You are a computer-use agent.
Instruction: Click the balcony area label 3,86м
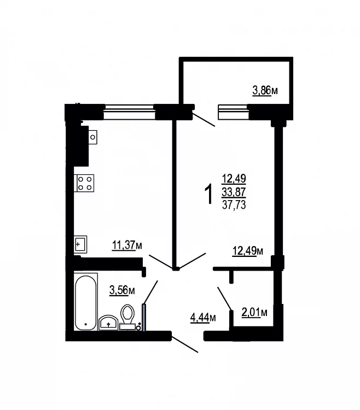tap(265, 90)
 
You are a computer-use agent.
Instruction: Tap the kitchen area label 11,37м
tap(127, 245)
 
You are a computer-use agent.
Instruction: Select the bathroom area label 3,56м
tap(122, 290)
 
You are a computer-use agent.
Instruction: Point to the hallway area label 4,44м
tap(203, 318)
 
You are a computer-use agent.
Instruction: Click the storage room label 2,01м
tap(254, 312)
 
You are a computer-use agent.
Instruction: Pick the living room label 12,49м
tap(248, 251)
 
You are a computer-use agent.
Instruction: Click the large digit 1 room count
tap(209, 194)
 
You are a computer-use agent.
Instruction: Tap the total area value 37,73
tap(234, 205)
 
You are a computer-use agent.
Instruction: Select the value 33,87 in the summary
tap(234, 192)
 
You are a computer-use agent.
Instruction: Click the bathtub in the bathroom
tap(85, 302)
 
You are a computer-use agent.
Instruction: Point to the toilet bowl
tap(127, 317)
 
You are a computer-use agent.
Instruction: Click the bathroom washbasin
tap(108, 323)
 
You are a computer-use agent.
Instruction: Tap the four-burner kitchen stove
tap(84, 183)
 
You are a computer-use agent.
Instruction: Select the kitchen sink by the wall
tap(80, 245)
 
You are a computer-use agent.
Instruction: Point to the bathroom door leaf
tap(150, 292)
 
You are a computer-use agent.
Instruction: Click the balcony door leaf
tap(204, 119)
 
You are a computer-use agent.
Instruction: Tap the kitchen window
tap(129, 112)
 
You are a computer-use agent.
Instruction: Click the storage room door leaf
tap(225, 298)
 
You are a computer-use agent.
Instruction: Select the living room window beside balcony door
tap(234, 112)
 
